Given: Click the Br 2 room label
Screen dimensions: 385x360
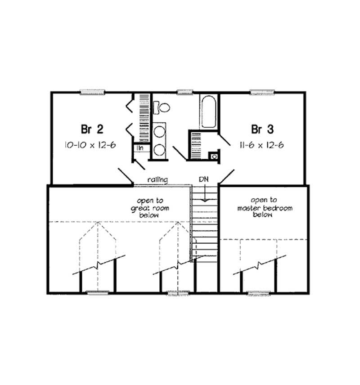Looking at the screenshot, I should tap(92, 130).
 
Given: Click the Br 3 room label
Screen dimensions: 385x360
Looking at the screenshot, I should tap(262, 130).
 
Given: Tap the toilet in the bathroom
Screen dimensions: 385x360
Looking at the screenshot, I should tap(162, 107).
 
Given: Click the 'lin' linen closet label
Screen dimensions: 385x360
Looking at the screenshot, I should tap(140, 148).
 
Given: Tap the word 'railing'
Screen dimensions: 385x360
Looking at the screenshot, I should tap(157, 180).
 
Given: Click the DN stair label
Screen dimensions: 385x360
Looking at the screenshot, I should tap(203, 179).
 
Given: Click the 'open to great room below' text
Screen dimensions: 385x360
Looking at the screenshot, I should tap(147, 208).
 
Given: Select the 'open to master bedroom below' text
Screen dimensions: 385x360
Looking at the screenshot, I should tap(265, 208).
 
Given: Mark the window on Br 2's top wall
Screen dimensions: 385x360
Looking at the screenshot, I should tap(92, 92).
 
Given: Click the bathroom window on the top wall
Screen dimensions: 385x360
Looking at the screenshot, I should tap(184, 92).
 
